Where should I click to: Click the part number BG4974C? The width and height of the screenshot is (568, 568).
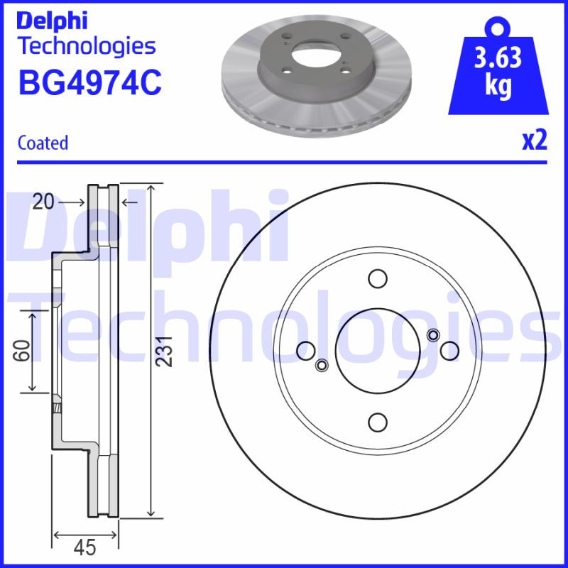89,82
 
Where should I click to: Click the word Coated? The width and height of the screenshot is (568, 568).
43,143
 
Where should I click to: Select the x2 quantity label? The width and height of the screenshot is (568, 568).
535,141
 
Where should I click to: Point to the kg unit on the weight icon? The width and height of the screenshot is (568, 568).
498,87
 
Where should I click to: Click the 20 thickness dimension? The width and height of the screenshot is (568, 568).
43,202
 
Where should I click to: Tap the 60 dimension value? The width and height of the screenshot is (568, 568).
24,350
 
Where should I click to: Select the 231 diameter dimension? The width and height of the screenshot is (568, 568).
165,350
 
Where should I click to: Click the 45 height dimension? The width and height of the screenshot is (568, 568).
84,547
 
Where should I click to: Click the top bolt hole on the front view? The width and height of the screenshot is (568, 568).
378,278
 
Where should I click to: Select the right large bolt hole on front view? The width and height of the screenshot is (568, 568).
449,349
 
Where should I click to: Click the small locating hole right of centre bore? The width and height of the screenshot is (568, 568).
434,335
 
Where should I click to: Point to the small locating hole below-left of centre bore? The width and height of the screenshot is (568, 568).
321,365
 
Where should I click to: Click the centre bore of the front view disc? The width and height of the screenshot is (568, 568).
378,349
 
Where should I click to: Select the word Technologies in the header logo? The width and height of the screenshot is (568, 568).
86,46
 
